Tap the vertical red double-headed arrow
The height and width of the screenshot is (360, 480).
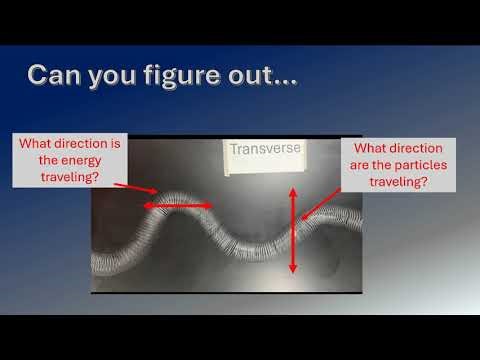pyautogui.click(x=293, y=230)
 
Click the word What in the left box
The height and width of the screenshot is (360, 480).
pyautogui.click(x=39, y=143)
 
